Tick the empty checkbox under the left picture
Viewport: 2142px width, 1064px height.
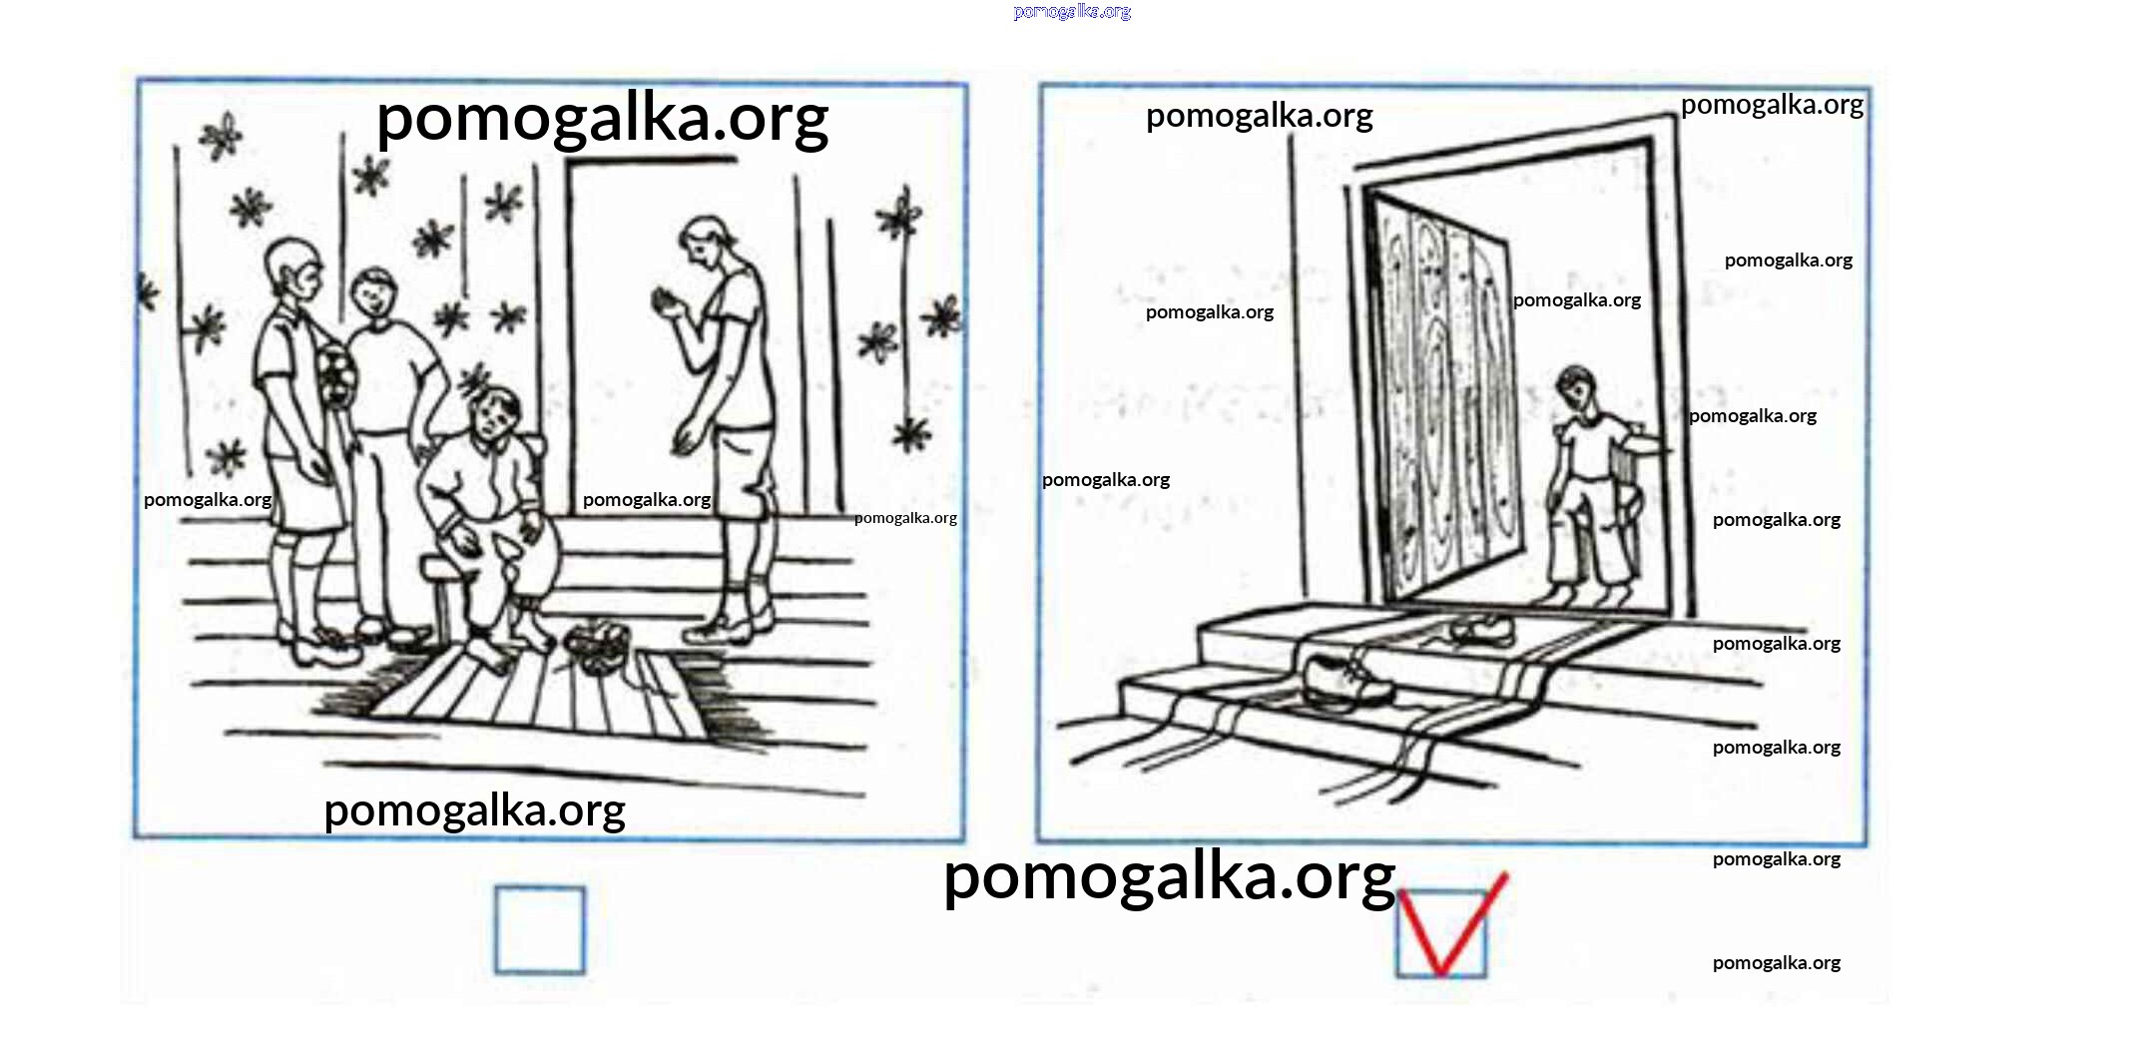click(540, 929)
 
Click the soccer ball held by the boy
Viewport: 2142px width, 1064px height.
click(335, 376)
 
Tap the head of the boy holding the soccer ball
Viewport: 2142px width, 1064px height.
click(294, 269)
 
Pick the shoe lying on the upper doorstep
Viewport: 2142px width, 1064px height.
click(1482, 631)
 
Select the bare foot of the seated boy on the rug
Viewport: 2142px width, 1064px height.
click(489, 651)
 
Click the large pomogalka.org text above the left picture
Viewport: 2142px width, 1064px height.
click(602, 119)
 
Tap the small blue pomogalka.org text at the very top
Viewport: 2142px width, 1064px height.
click(1072, 12)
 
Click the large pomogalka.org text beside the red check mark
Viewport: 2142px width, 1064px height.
click(1169, 877)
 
